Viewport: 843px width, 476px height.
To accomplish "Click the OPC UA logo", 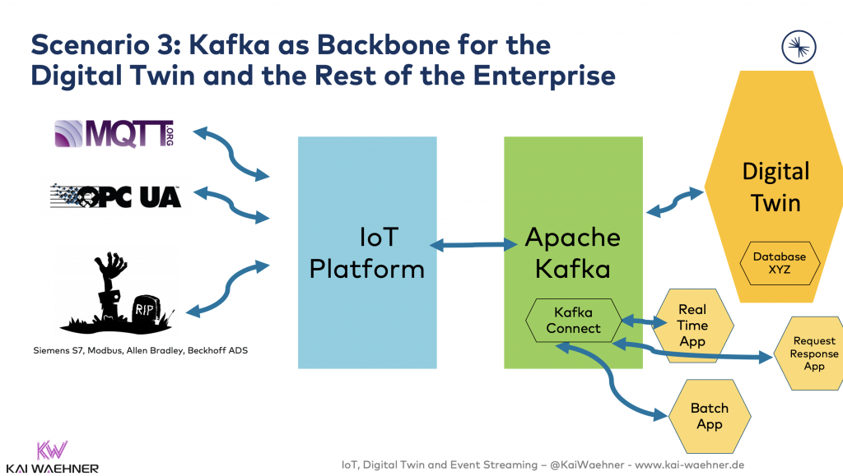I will (x=115, y=197).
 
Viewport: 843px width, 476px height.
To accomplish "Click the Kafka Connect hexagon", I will (x=573, y=320).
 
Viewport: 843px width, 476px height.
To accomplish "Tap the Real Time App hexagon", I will (x=692, y=326).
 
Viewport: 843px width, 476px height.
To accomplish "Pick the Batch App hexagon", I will (x=709, y=416).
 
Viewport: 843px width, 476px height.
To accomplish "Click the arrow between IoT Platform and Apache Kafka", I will (x=469, y=244).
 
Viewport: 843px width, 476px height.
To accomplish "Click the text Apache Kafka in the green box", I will (x=573, y=252).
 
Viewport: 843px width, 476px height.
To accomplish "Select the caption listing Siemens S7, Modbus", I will (x=141, y=350).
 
